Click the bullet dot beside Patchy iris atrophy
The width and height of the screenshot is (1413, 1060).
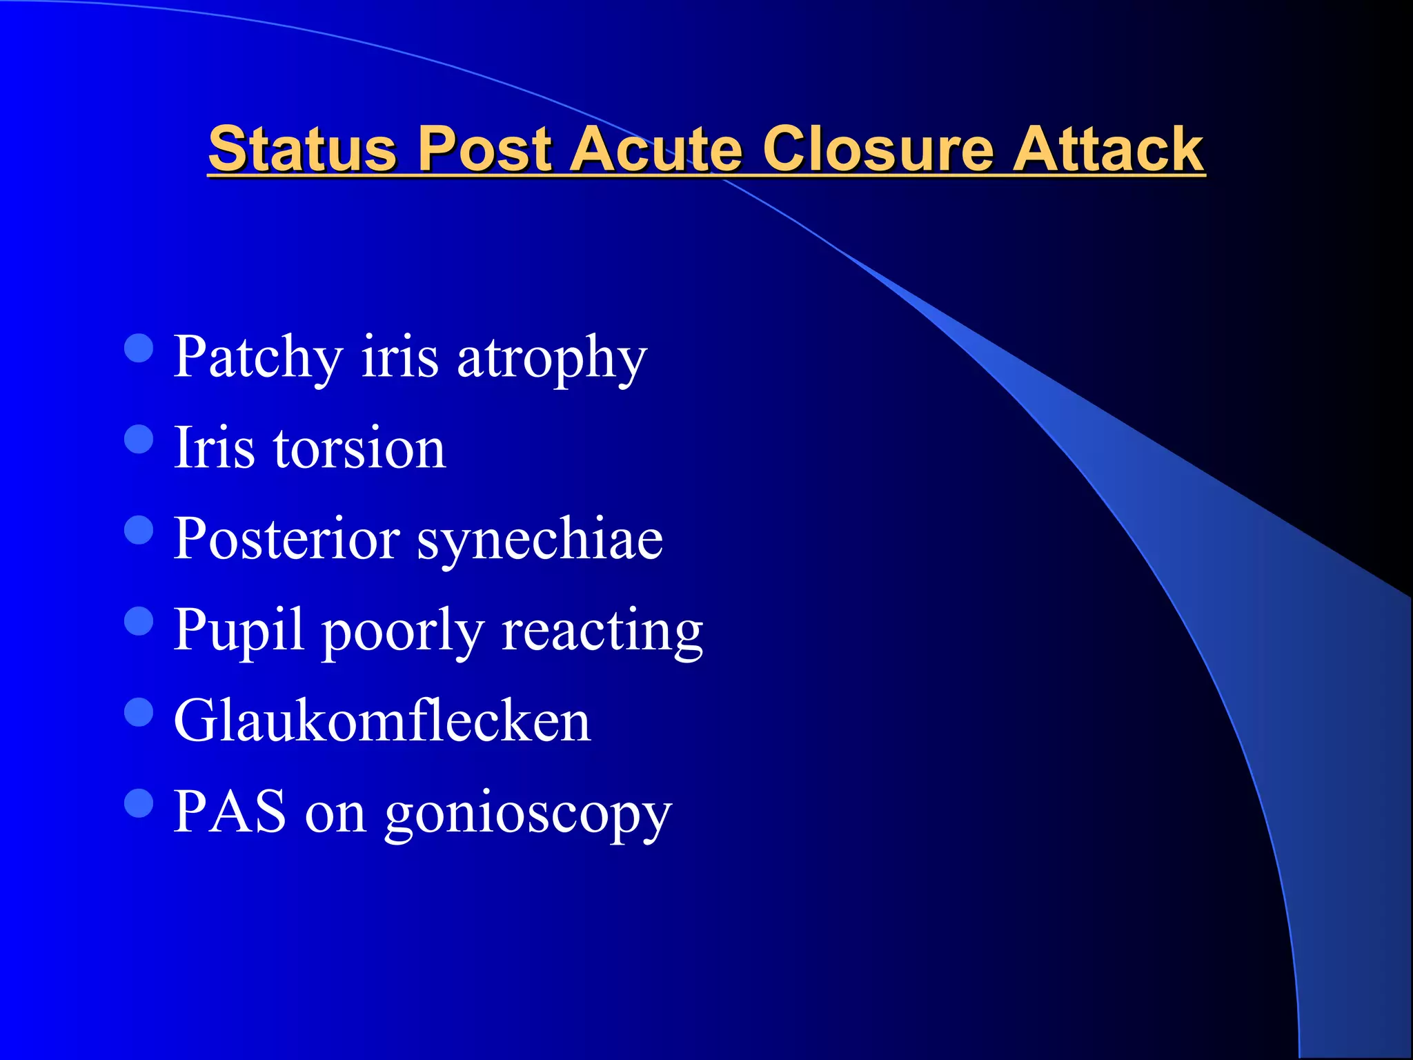coord(139,349)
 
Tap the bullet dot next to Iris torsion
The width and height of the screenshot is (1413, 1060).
coord(139,439)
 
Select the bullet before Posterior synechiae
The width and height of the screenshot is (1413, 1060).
coord(139,530)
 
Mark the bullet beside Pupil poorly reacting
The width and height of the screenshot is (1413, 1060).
coord(139,620)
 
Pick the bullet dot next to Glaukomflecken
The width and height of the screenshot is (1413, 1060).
coord(139,712)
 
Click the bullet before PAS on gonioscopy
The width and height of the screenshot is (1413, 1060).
coord(139,803)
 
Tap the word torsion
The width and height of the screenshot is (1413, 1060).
coord(359,449)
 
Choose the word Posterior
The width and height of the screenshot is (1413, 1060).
coord(286,539)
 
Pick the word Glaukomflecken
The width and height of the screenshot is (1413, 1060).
coord(382,721)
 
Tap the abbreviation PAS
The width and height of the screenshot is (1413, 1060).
coord(230,812)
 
